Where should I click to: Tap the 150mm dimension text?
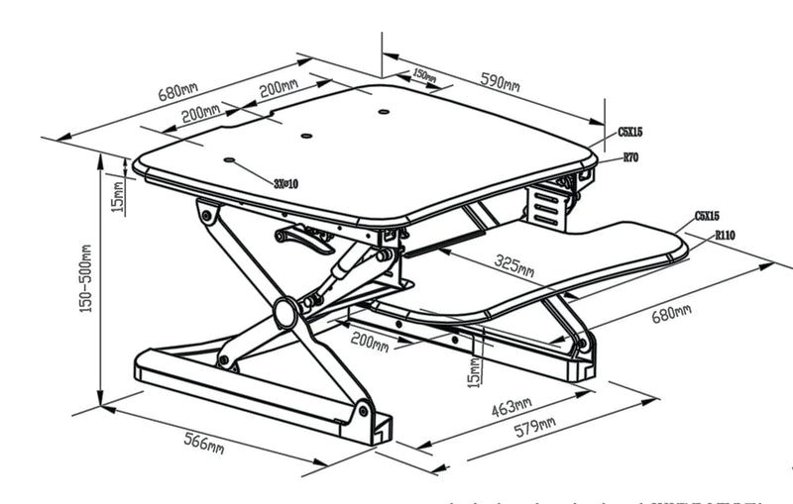(423, 74)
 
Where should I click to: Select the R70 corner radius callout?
(630, 156)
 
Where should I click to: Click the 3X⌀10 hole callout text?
(285, 183)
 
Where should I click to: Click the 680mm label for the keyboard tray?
(672, 314)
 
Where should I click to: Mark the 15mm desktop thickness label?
(118, 197)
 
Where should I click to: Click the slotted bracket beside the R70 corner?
(548, 206)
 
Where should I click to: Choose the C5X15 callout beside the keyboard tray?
(707, 215)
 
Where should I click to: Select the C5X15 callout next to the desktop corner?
(630, 131)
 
